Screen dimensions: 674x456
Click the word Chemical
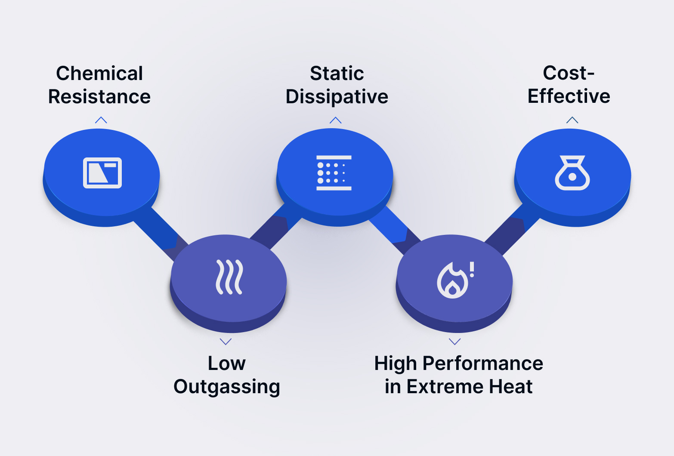99,73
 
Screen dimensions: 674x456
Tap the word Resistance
99,96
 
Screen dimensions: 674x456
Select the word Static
337,73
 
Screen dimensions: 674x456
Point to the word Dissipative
337,96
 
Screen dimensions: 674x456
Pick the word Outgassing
227,386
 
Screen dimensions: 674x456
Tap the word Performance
483,364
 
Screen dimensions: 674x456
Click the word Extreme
445,386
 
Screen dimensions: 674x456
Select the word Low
227,364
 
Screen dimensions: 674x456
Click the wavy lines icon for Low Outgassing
229,277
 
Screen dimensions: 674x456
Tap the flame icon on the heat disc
452,280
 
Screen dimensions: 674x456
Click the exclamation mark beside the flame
472,269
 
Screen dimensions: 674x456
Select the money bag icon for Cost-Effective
572,173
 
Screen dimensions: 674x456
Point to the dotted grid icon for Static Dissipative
334,173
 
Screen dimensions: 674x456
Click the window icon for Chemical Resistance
102,173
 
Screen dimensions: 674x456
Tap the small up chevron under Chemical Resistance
101,120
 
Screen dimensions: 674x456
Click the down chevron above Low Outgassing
226,342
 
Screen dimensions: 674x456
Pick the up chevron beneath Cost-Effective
572,120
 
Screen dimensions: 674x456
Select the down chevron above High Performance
454,342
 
